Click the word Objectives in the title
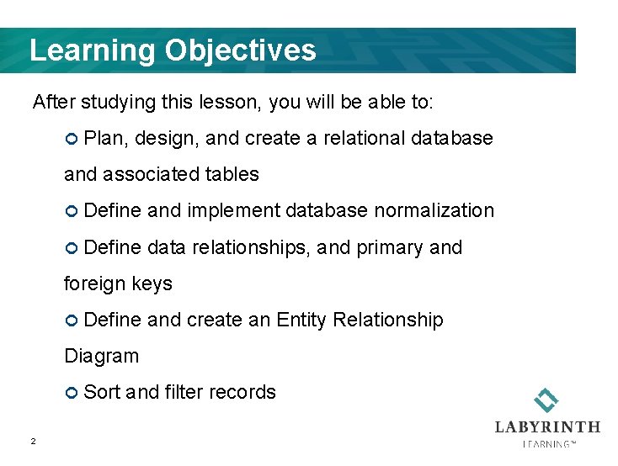[241, 50]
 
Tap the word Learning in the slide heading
[93, 50]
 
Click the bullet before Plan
[72, 139]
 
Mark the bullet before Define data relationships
[72, 248]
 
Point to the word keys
[152, 283]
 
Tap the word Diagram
[101, 356]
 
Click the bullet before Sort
[72, 393]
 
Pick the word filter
[184, 392]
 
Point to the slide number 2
[32, 441]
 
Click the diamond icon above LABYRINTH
[547, 400]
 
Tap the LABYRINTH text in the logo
[547, 427]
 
